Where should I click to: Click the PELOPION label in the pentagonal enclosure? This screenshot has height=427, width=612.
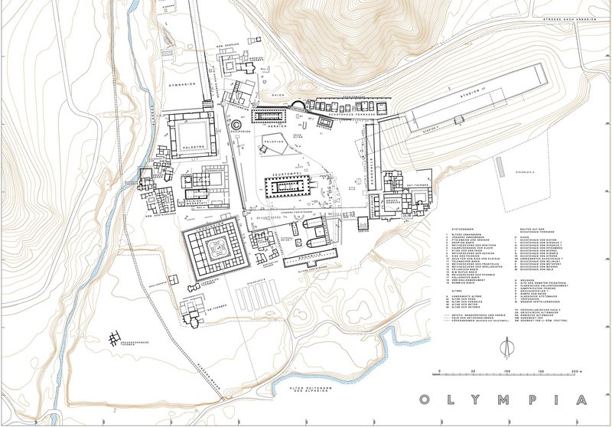(273, 144)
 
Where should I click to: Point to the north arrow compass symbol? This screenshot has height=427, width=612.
(506, 347)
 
